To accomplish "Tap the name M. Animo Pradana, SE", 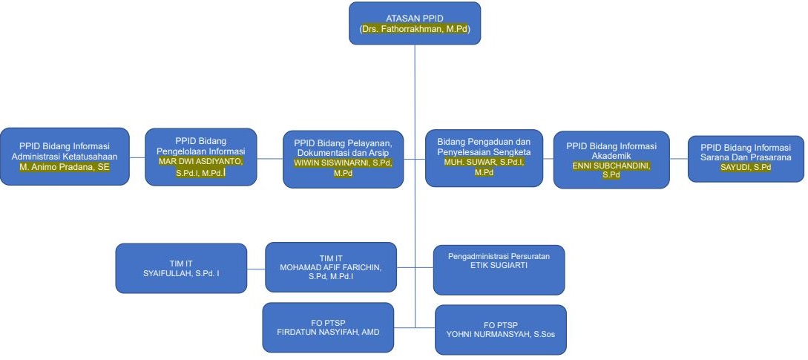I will pyautogui.click(x=65, y=167).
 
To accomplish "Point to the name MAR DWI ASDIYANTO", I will pyautogui.click(x=200, y=160).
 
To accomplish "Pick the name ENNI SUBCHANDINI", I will pyautogui.click(x=611, y=166).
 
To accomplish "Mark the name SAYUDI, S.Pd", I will pyautogui.click(x=746, y=167).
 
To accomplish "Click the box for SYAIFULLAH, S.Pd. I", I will pyautogui.click(x=181, y=268).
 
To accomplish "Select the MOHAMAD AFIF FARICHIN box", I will pyautogui.click(x=330, y=267).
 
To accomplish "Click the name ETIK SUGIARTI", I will pyautogui.click(x=499, y=265).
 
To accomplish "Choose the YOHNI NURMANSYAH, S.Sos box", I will pyautogui.click(x=500, y=330).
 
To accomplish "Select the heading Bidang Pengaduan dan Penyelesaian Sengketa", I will pyautogui.click(x=484, y=146).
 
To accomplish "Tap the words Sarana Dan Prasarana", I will pyautogui.click(x=746, y=157).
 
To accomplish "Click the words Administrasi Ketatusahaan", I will pyautogui.click(x=65, y=157).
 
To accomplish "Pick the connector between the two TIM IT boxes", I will pyautogui.click(x=256, y=268).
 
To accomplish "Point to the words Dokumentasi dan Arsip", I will pyautogui.click(x=343, y=152).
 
